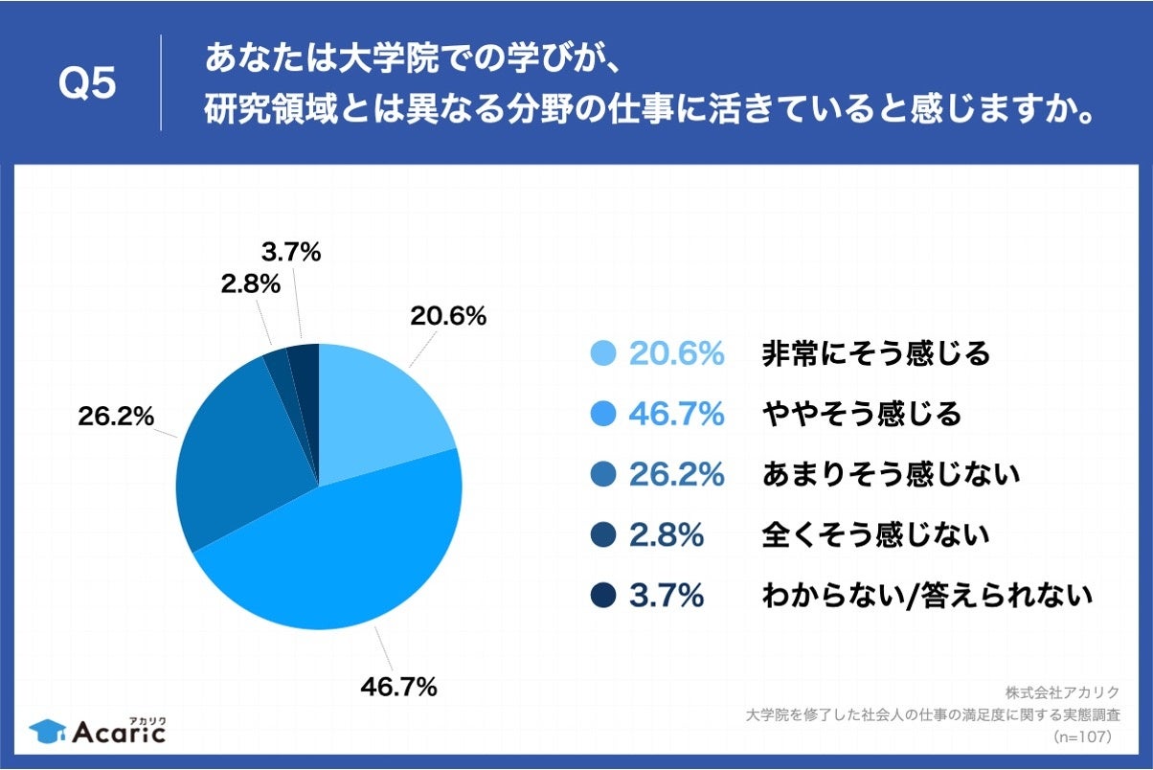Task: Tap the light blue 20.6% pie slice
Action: coord(378,412)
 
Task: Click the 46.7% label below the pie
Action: coord(399,686)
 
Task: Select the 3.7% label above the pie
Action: coord(290,253)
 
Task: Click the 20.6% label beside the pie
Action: coord(448,315)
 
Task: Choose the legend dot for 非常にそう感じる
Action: coord(603,354)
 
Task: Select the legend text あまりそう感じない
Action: coord(891,474)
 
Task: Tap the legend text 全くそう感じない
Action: coord(875,535)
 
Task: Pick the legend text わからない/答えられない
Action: coord(926,596)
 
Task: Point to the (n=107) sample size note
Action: coord(1081,737)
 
